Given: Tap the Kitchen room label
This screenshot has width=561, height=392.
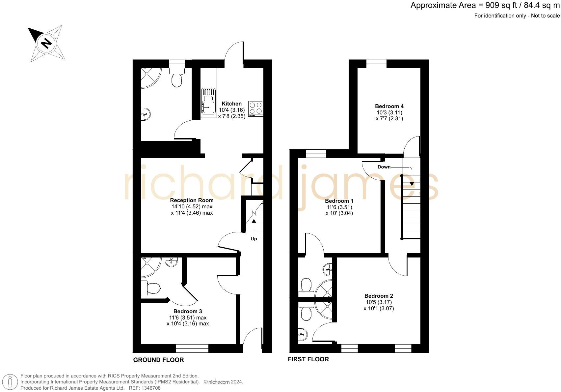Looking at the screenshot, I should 231,104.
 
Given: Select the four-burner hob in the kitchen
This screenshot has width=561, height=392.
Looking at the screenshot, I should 256,108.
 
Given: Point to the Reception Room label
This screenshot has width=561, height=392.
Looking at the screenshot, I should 192,200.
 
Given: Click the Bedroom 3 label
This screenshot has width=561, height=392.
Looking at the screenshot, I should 188,311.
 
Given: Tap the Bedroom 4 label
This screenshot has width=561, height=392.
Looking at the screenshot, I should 389,106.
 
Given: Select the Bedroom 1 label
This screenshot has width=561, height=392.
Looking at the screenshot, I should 339,201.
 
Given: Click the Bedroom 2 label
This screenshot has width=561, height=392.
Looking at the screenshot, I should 379,296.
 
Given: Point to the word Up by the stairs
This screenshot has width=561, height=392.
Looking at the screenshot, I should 254,239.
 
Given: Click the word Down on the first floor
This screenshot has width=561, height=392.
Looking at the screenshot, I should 384,167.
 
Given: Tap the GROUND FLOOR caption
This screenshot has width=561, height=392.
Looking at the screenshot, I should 158,360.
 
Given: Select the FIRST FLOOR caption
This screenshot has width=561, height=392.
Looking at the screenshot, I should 308,359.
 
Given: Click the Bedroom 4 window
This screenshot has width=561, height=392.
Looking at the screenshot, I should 376,64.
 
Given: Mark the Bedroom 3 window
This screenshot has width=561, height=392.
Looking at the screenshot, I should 192,348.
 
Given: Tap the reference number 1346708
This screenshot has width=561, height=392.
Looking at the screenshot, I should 150,388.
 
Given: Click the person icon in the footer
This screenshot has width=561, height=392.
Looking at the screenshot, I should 10,382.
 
